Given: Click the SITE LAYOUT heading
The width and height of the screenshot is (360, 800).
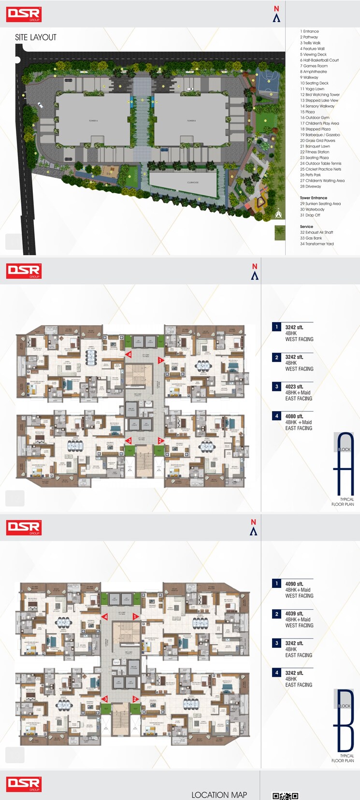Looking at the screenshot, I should pos(36,37).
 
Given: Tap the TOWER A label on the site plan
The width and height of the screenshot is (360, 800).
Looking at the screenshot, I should pos(93,121).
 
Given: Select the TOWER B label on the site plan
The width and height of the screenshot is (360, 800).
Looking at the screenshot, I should pos(191,121).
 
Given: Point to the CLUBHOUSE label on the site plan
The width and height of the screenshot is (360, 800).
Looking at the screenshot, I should pos(193,183).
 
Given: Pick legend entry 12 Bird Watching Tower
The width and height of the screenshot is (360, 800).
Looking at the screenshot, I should pos(320,95).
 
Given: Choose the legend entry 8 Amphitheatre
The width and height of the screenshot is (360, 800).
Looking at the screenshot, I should pos(313,71).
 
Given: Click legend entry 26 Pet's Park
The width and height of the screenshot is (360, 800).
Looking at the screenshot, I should pos(310,175).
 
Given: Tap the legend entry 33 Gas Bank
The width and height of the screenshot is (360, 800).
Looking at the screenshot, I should pos(311,238).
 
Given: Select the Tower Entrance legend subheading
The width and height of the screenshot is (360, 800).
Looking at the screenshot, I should pos(313,198).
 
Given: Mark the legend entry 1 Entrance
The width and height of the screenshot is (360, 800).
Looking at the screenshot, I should pos(309,31).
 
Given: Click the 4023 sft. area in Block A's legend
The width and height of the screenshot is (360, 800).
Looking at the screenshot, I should pos(294,386).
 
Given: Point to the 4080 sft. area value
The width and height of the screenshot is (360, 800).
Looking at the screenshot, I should pos(294,416).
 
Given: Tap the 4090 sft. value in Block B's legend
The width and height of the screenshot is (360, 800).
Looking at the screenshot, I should pos(294,584).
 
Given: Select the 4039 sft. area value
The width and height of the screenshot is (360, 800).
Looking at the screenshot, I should pos(294,614).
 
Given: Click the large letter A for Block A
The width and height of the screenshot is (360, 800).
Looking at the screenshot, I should pos(345,464).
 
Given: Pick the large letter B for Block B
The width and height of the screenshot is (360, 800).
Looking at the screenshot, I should pos(345,720).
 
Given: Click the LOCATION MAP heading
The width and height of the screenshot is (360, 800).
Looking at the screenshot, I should pos(219,795).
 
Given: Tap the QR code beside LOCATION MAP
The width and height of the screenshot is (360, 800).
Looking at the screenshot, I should pos(285,796).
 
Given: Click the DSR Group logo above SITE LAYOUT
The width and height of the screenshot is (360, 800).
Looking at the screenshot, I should pos(24,14).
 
